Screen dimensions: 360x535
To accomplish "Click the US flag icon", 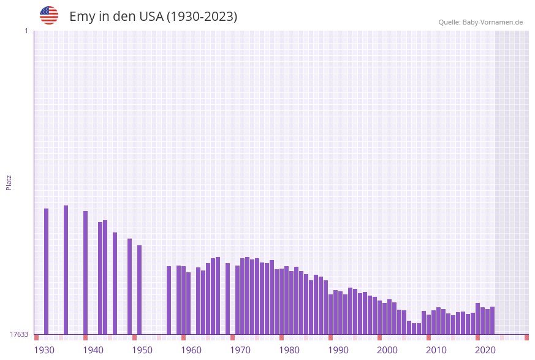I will click(49, 15).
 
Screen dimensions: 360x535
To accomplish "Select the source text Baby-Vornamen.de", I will click(492, 22).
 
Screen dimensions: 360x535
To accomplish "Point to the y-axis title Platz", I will click(9, 182).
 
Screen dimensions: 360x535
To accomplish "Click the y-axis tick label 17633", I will click(19, 334).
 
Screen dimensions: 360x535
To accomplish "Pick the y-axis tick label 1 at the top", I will click(26, 31).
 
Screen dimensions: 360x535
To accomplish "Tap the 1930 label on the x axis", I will click(44, 350).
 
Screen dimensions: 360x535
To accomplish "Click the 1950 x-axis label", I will click(142, 350).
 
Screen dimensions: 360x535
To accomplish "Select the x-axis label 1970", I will click(240, 350).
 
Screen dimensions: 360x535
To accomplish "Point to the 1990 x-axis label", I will click(338, 350).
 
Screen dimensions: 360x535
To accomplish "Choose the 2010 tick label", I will click(436, 350).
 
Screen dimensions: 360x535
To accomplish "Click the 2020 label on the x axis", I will click(485, 350).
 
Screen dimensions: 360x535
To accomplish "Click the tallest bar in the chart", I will click(66, 270).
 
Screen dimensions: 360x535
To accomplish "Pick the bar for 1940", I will click(85, 272).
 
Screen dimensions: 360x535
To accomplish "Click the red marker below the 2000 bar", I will click(379, 337).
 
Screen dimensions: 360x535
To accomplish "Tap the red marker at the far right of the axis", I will click(526, 337).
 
